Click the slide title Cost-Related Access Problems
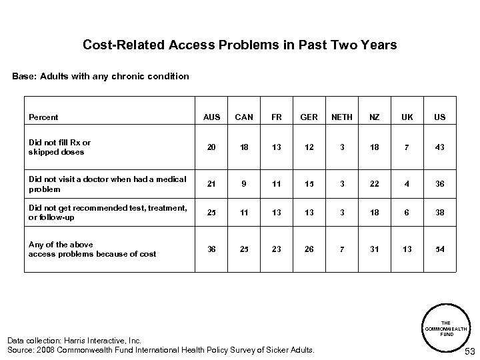pos(239,45)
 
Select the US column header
pos(440,117)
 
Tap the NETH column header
pos(342,117)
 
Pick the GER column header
pos(309,117)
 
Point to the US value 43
pos(440,147)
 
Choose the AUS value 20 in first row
pos(211,147)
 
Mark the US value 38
pos(440,212)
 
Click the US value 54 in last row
pos(440,249)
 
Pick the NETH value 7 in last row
pos(342,249)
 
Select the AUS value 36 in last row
pos(211,249)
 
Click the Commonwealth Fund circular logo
pos(448,325)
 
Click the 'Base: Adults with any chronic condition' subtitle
pos(101,77)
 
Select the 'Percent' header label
pos(43,117)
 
